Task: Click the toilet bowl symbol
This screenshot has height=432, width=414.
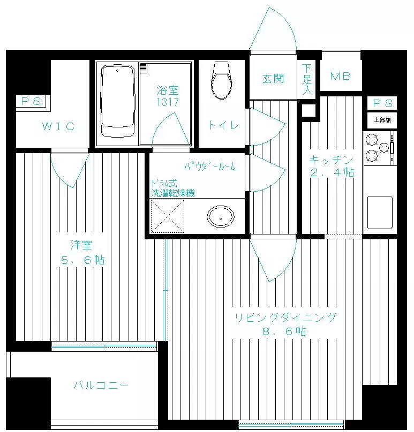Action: (x=221, y=80)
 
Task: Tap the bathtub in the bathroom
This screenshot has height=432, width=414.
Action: (x=118, y=101)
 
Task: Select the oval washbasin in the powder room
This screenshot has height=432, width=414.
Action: (x=221, y=216)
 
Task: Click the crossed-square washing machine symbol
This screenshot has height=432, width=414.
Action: (x=167, y=216)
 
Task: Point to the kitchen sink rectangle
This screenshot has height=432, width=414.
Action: (x=380, y=213)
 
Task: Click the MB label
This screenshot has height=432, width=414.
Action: (x=341, y=76)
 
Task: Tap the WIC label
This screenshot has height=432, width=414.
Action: (x=58, y=126)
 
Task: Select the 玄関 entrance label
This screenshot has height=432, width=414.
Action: (x=273, y=79)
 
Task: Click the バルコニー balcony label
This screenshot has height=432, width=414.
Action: (x=101, y=385)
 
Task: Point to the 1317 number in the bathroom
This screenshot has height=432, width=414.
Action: (x=168, y=102)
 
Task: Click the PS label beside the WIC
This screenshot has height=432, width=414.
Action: (x=32, y=101)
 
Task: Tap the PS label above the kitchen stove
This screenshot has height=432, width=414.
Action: (x=382, y=103)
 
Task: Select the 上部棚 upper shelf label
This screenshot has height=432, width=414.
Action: (x=382, y=120)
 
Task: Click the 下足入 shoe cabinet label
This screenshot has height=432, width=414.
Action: (x=307, y=79)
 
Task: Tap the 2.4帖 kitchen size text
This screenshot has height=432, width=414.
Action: (x=332, y=172)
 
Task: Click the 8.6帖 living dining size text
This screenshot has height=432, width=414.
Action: (x=284, y=331)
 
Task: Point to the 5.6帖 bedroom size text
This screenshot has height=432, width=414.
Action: (x=82, y=260)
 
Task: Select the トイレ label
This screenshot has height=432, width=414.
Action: (x=223, y=125)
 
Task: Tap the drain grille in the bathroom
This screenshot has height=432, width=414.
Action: (x=144, y=68)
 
